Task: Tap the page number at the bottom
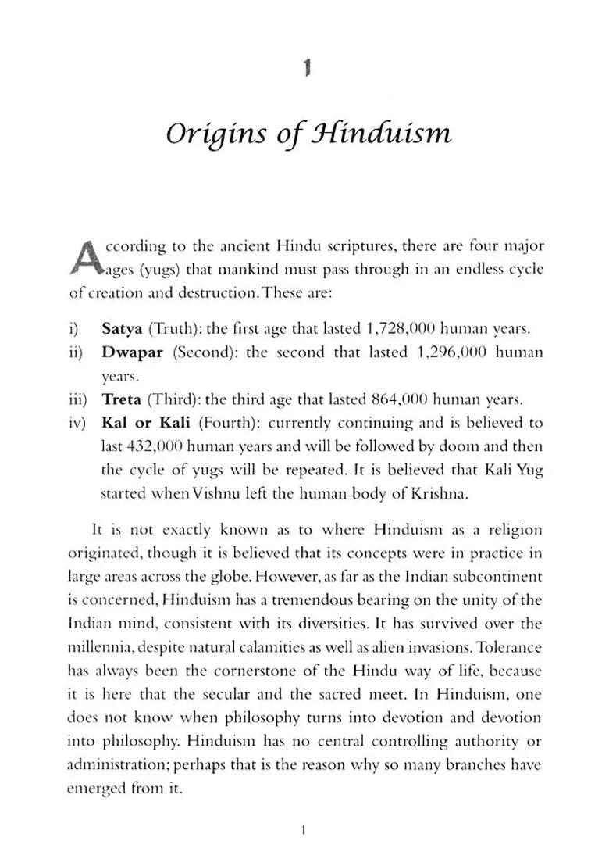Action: [x=304, y=830]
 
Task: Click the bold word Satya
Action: [x=121, y=328]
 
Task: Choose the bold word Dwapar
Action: [x=132, y=352]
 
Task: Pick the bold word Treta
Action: [x=122, y=399]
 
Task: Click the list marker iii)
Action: [x=77, y=399]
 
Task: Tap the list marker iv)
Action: [x=77, y=423]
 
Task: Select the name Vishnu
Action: [x=240, y=494]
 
